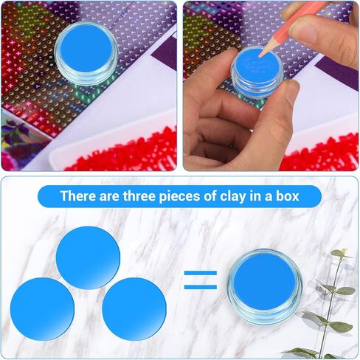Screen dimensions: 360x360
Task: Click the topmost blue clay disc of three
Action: click(x=88, y=257)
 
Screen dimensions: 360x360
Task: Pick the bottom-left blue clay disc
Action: click(x=42, y=309)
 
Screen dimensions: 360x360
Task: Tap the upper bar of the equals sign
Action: click(x=201, y=273)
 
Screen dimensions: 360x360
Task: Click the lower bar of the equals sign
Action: click(x=201, y=287)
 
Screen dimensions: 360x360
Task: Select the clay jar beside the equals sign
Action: click(x=265, y=286)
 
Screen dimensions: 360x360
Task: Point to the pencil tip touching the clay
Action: click(x=260, y=57)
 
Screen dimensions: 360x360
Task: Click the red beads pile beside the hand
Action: click(x=319, y=153)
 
